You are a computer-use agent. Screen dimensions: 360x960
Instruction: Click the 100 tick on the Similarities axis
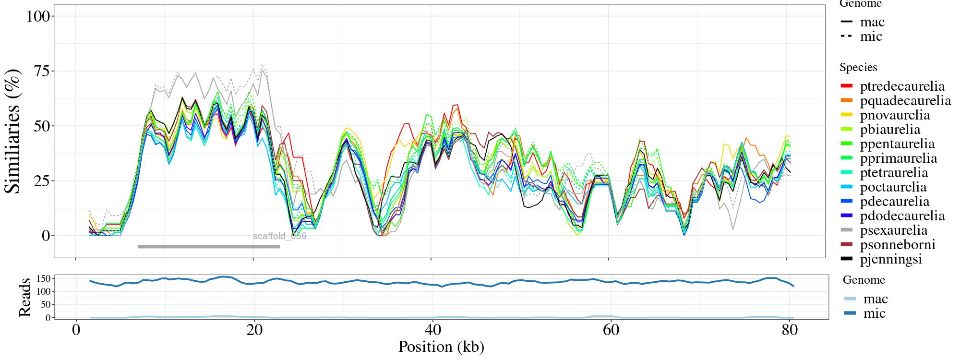pyautogui.click(x=38, y=16)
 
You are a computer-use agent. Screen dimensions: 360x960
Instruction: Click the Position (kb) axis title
pyautogui.click(x=441, y=347)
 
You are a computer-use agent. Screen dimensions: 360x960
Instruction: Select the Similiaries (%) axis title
pyautogui.click(x=13, y=131)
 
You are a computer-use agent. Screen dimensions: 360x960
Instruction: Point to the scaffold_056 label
pyautogui.click(x=279, y=236)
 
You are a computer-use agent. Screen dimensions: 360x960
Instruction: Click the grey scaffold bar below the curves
pyautogui.click(x=209, y=247)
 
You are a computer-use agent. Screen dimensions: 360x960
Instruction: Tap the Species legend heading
pyautogui.click(x=858, y=67)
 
